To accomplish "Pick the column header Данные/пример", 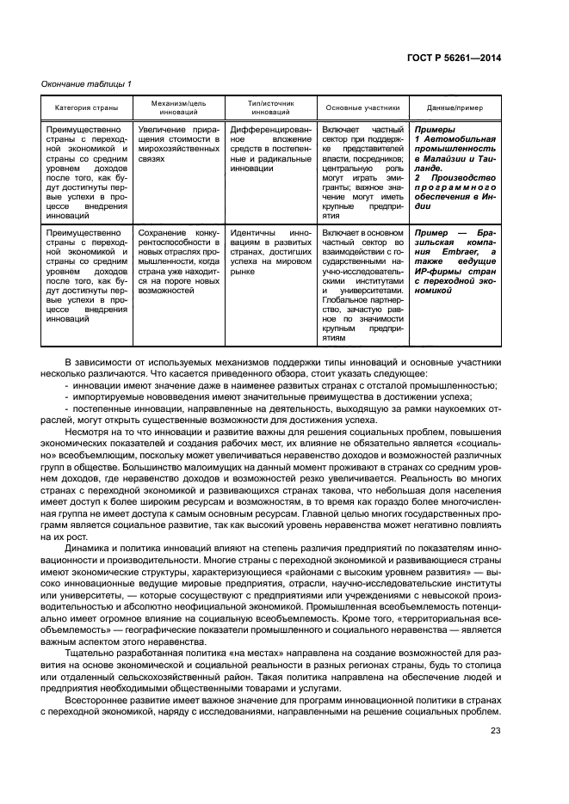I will pyautogui.click(x=455, y=109).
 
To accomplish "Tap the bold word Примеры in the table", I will pyautogui.click(x=434, y=128).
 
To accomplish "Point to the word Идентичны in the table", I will pyautogui.click(x=254, y=233).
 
